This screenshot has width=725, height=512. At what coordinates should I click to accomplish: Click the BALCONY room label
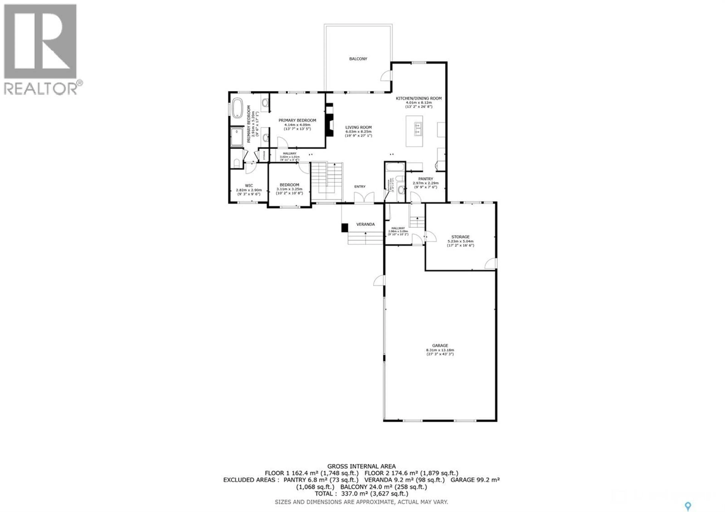(358, 59)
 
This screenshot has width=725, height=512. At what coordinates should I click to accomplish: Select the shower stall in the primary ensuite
(237, 137)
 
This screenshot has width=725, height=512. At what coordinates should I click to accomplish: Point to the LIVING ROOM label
(358, 127)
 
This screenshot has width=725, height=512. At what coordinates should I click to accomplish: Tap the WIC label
(249, 186)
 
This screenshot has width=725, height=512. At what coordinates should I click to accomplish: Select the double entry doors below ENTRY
(364, 198)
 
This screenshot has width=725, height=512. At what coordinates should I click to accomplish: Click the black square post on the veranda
(345, 228)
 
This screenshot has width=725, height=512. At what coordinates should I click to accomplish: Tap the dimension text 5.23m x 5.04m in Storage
(460, 241)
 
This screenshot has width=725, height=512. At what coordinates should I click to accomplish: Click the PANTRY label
(425, 179)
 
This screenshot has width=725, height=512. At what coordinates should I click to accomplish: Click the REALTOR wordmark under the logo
(40, 89)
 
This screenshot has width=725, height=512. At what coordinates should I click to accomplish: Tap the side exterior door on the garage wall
(379, 280)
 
